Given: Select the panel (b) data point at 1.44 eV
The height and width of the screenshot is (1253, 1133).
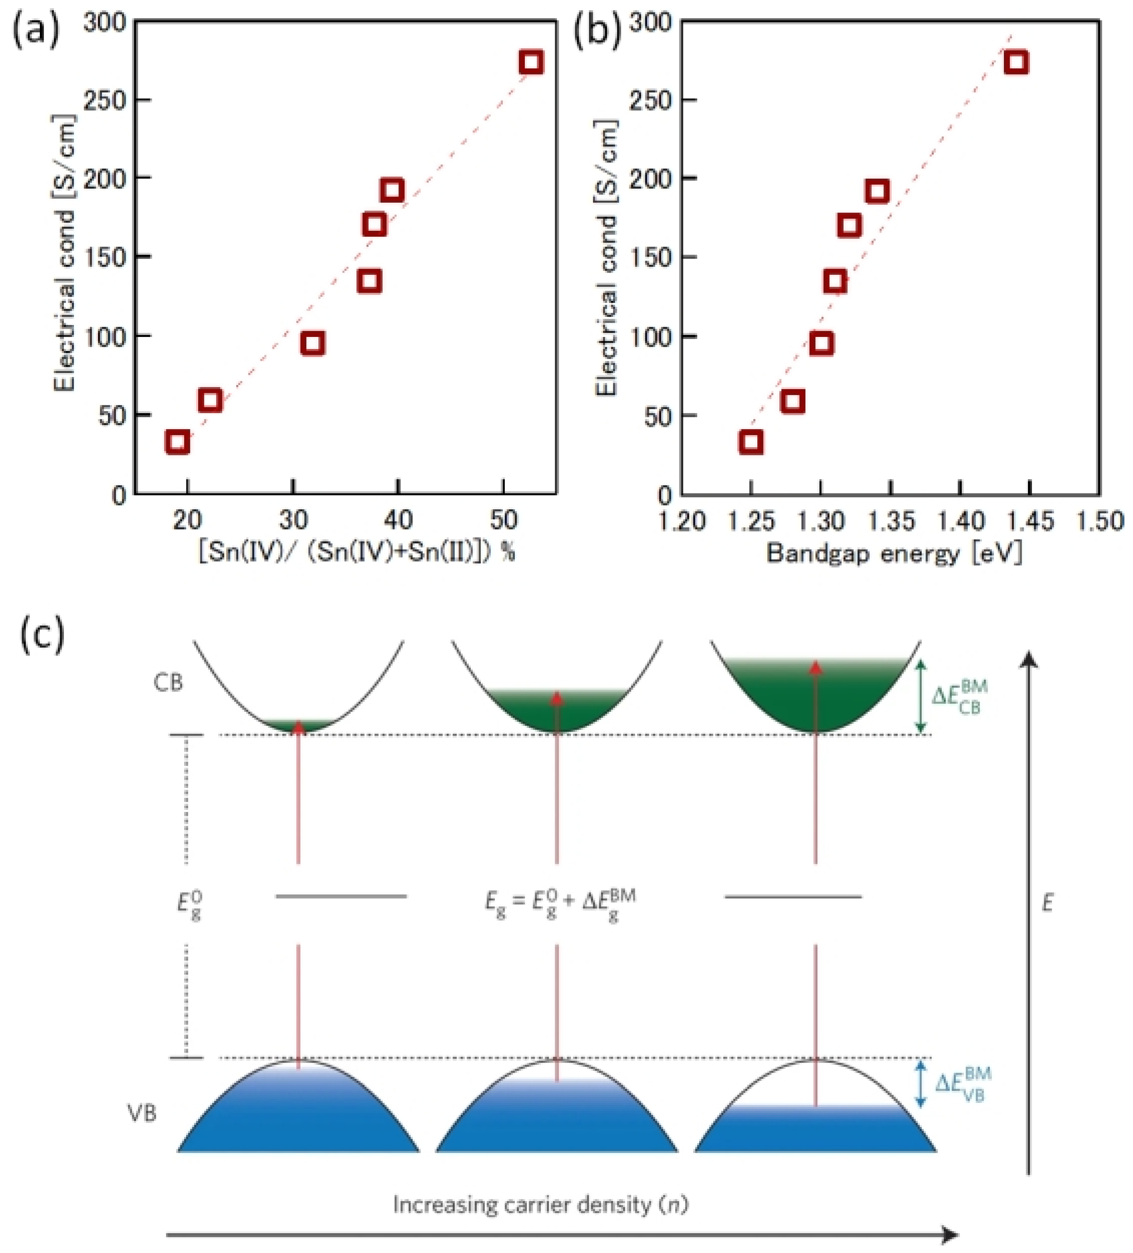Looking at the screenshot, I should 1016,63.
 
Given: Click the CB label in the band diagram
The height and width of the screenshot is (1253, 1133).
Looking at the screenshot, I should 168,683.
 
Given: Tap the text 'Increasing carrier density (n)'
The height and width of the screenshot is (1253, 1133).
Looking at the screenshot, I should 541,1205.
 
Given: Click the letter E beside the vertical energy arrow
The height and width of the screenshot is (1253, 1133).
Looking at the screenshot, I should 1047,903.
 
